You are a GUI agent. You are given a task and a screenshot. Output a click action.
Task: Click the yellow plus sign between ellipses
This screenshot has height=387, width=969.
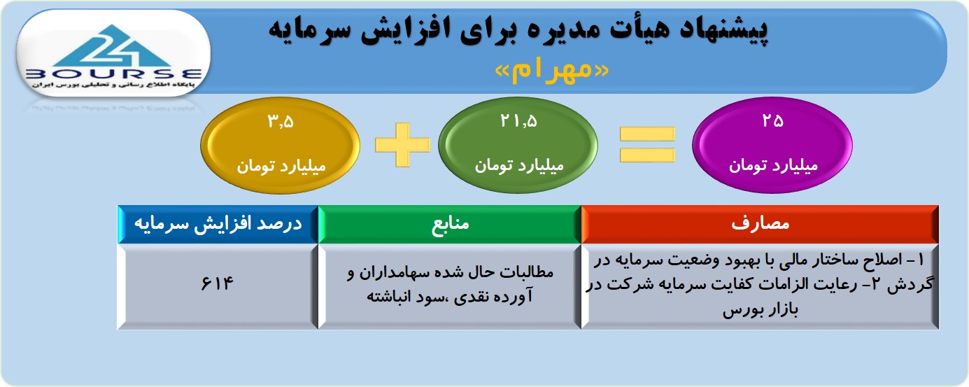click(x=402, y=145)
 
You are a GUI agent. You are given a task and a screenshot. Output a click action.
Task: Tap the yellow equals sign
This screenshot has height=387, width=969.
click(x=647, y=145)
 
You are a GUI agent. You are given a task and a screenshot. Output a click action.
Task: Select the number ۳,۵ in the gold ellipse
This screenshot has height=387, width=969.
click(x=281, y=121)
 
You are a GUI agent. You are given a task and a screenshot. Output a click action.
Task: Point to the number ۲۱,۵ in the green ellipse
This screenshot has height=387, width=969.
click(x=518, y=120)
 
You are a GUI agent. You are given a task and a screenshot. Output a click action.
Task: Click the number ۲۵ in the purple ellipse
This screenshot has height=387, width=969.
click(x=772, y=120)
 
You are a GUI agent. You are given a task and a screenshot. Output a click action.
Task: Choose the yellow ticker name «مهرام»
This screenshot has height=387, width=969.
click(x=552, y=69)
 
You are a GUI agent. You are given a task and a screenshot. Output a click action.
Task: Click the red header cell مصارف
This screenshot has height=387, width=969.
click(x=760, y=224)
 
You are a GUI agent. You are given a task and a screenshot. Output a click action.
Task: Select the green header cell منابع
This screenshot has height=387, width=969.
click(x=450, y=224)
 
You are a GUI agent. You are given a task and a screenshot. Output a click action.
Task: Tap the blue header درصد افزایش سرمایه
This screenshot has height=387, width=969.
click(x=218, y=224)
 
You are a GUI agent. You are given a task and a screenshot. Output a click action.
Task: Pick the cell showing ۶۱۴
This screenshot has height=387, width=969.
click(x=218, y=286)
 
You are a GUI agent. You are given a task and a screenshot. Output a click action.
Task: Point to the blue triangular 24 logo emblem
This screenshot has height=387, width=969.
click(x=113, y=46)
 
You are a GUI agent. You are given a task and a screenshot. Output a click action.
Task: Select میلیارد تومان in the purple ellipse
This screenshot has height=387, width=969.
click(x=773, y=165)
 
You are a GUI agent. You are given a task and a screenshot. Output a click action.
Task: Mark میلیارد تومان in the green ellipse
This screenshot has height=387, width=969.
click(x=518, y=165)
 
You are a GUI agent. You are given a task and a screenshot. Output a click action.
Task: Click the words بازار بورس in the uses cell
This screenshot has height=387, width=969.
click(x=760, y=310)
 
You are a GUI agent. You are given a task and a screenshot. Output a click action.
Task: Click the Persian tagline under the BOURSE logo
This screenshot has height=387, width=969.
click(x=113, y=85)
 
